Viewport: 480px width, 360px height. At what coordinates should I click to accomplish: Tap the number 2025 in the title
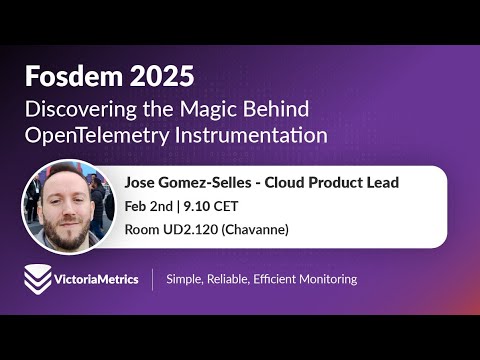point(158,76)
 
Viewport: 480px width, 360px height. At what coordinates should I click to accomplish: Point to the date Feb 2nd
point(147,206)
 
